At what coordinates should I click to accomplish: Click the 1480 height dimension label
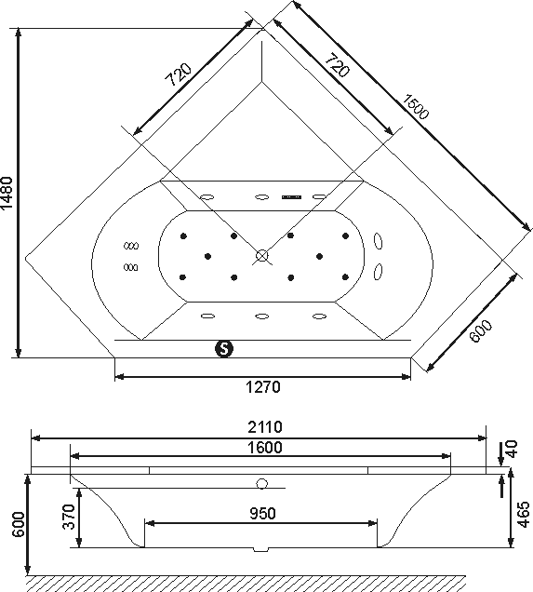tap(7, 193)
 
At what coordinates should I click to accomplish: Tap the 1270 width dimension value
tap(263, 387)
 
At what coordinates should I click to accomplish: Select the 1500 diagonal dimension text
tap(415, 106)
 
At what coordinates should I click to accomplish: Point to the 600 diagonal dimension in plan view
tap(481, 331)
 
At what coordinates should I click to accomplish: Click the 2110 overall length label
tap(265, 427)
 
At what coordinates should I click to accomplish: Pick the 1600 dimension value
tap(265, 448)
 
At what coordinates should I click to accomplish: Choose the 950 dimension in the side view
tap(263, 514)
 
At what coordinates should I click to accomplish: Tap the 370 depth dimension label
tap(69, 517)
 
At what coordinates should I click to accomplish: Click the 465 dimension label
tap(523, 514)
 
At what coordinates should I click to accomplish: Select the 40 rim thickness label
tap(512, 450)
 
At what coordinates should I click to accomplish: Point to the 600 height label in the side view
tap(18, 524)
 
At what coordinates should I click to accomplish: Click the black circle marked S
tap(224, 348)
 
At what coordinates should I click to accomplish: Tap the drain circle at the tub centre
tap(261, 256)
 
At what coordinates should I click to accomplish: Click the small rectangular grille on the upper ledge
tap(291, 197)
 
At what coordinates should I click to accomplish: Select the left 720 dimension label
tap(179, 74)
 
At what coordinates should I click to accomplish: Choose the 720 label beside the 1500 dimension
tap(338, 65)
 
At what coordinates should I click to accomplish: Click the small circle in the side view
tap(261, 484)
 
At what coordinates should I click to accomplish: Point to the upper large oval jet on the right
tap(378, 241)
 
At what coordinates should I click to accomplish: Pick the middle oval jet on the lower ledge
tap(261, 316)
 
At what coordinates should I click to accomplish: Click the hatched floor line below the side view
tap(246, 576)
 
